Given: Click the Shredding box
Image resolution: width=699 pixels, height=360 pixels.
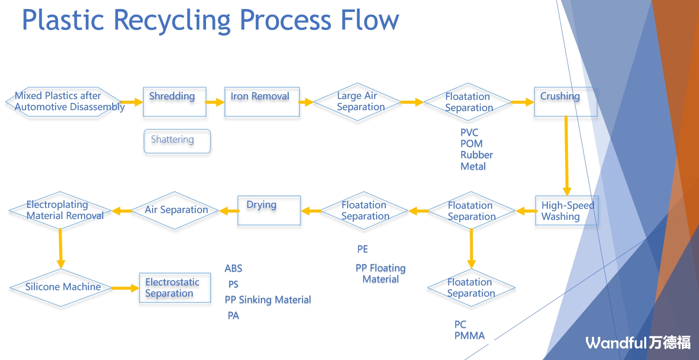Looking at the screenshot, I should click(x=174, y=102).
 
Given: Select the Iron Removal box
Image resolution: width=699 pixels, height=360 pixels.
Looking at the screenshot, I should click(x=262, y=102).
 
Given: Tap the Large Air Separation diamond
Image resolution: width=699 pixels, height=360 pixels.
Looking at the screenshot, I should click(x=357, y=102).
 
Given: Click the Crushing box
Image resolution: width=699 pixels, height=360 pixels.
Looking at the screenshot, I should click(x=565, y=102).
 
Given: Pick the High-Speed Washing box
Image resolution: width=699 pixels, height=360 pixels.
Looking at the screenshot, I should click(x=566, y=210).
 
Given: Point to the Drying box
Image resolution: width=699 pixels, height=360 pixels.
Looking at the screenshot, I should click(x=269, y=210).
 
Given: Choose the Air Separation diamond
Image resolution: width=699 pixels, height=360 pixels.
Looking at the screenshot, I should click(x=175, y=210).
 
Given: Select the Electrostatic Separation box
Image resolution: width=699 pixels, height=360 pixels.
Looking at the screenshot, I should click(x=175, y=288).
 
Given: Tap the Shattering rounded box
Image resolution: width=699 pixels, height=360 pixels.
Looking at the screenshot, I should click(x=177, y=141).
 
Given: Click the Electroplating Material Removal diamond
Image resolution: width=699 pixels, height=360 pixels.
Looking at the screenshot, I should click(x=60, y=210).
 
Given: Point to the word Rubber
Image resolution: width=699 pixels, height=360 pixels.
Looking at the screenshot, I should click(x=476, y=155).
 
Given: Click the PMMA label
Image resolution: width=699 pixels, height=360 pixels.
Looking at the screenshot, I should click(x=469, y=336).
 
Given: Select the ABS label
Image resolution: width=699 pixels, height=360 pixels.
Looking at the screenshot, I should click(x=233, y=269).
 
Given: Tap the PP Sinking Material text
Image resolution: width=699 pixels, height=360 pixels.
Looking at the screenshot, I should click(x=268, y=300).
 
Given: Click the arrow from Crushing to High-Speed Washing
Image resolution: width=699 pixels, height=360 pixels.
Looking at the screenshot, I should click(x=566, y=154).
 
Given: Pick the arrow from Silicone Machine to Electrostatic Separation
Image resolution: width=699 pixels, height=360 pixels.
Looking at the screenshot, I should click(x=125, y=288).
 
